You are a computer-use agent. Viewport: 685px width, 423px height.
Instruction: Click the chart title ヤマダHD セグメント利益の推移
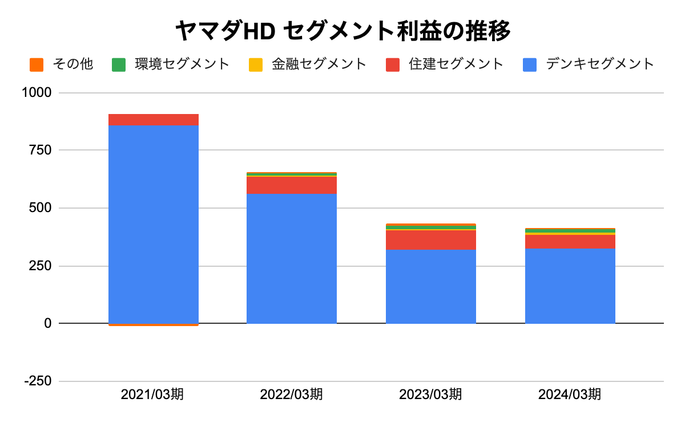tap(342, 31)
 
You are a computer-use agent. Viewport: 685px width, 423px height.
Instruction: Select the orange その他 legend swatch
tap(37, 64)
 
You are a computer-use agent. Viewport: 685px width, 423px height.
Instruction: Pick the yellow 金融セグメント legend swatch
tap(256, 64)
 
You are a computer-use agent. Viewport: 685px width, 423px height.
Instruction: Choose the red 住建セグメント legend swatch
tap(393, 64)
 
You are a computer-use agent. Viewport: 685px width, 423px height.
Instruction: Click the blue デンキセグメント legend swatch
tap(530, 64)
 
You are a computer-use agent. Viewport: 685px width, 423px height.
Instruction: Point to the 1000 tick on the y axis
tap(37, 92)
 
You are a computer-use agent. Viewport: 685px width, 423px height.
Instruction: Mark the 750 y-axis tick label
tap(40, 150)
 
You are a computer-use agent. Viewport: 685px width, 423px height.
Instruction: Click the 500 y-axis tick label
tap(40, 208)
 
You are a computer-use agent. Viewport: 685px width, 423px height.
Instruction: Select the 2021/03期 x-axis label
tap(152, 394)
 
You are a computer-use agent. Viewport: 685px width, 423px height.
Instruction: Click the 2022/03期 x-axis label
tap(291, 394)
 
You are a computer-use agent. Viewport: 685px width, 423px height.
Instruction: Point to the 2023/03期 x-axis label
tap(430, 394)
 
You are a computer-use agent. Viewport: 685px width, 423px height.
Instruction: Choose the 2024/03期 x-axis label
tap(570, 394)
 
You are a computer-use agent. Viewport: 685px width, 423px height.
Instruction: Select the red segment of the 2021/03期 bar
tap(154, 119)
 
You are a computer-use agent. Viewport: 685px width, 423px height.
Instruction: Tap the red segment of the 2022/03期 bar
tap(291, 185)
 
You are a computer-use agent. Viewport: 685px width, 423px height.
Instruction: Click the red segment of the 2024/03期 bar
tap(570, 241)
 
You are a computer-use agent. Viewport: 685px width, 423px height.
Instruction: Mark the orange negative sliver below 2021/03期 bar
tap(154, 325)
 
